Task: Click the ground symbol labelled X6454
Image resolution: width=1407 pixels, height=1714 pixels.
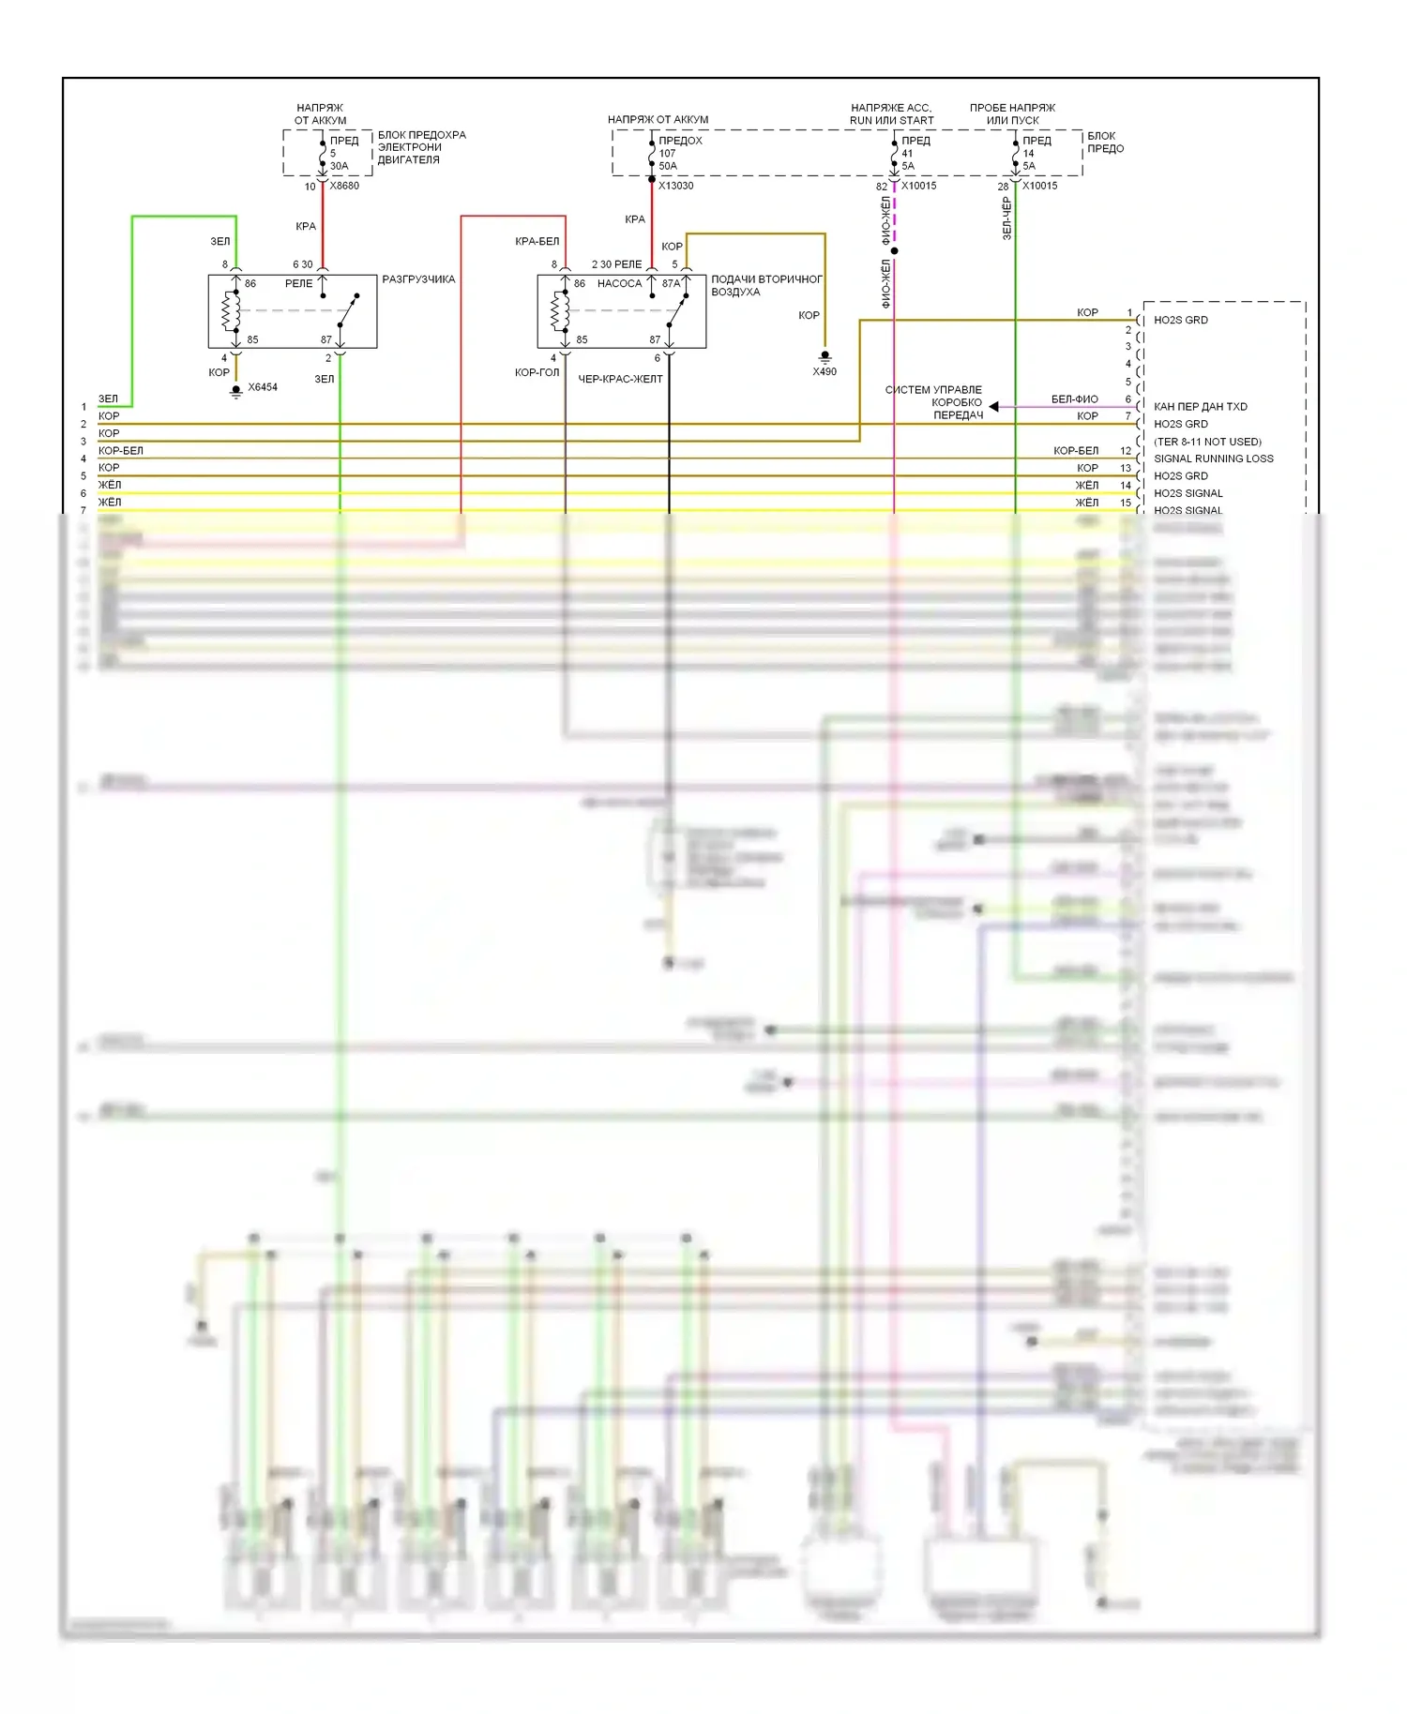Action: click(x=236, y=390)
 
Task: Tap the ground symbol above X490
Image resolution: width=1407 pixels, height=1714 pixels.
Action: click(x=825, y=356)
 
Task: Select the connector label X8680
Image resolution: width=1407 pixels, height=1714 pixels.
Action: click(x=344, y=186)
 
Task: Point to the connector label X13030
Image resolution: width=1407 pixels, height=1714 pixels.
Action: click(x=675, y=186)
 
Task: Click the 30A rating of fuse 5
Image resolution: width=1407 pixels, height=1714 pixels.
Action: click(x=339, y=166)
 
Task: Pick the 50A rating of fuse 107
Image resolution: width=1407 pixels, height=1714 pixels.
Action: click(x=667, y=166)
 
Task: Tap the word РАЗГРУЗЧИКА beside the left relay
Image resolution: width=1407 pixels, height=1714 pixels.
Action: click(x=418, y=279)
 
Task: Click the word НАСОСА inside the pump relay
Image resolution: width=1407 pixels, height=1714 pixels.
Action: click(x=619, y=283)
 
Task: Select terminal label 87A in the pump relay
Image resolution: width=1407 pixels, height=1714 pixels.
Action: click(x=671, y=283)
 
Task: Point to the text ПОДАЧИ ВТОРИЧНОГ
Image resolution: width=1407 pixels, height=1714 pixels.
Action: click(x=766, y=279)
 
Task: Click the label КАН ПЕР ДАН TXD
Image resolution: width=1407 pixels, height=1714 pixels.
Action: click(x=1200, y=407)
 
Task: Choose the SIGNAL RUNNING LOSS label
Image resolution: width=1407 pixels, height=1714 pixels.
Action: click(x=1213, y=459)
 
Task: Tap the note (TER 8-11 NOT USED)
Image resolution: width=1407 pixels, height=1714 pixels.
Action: click(x=1207, y=442)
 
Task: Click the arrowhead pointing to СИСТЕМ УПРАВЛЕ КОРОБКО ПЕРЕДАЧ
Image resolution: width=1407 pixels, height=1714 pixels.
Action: click(x=993, y=406)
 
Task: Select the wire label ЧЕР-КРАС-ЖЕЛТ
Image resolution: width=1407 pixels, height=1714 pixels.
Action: click(x=620, y=379)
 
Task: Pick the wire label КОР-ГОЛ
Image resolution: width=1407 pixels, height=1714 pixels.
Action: click(x=537, y=372)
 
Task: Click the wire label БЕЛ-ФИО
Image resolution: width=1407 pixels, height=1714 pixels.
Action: click(x=1074, y=399)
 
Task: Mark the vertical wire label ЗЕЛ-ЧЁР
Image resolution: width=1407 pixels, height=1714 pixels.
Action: click(x=1006, y=218)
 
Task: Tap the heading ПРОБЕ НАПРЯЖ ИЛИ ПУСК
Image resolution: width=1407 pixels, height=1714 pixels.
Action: click(x=1012, y=113)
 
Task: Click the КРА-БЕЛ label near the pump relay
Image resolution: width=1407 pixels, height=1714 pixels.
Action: click(x=537, y=241)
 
